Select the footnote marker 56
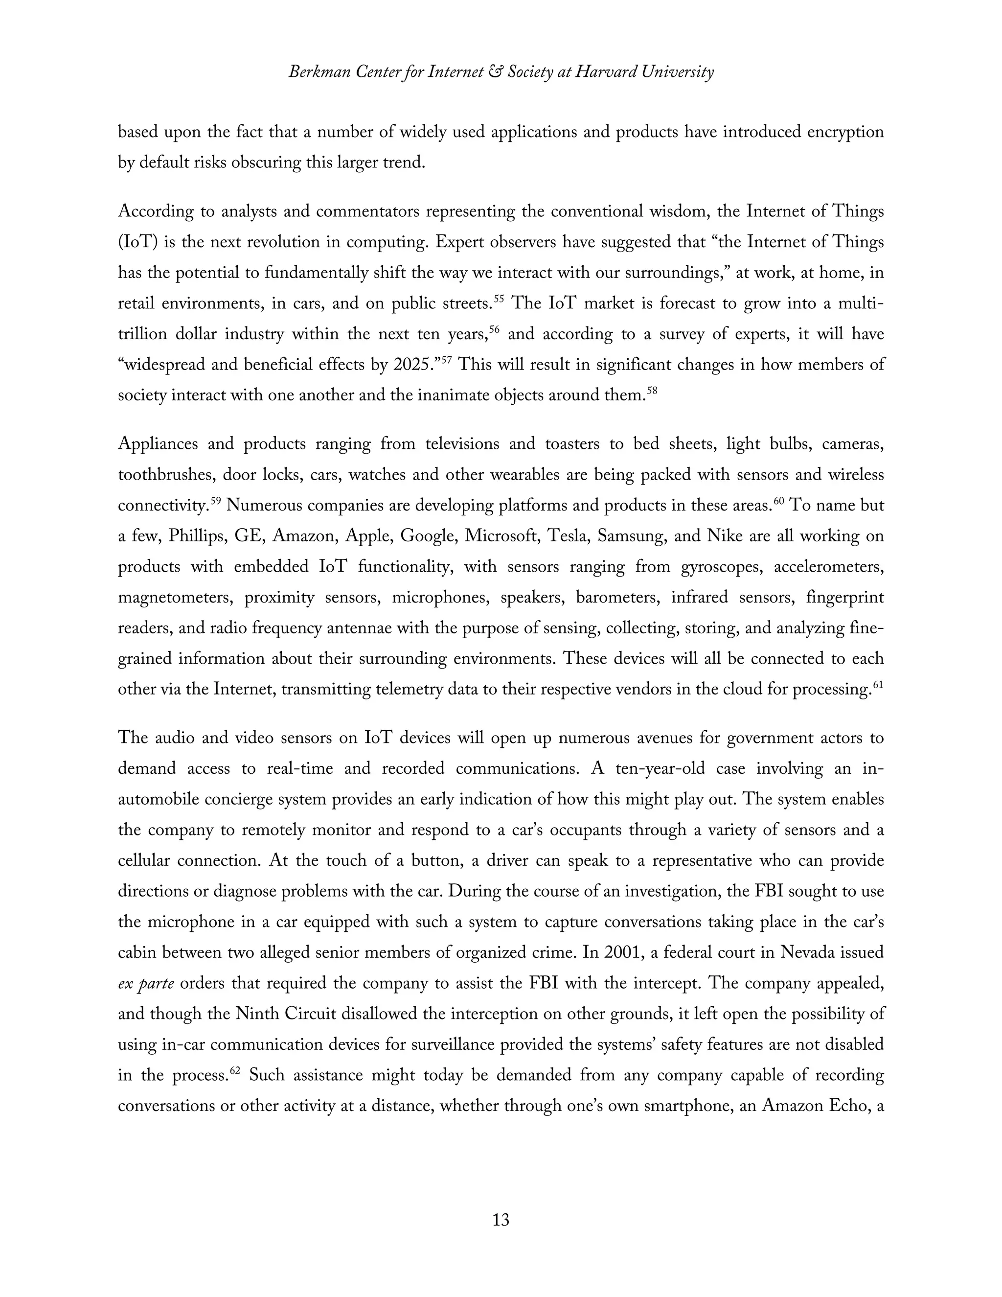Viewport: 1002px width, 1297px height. (x=494, y=329)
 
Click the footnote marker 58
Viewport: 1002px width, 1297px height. (x=652, y=391)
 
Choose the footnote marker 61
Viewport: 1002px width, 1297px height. (x=879, y=685)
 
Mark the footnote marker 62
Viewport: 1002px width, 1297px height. (x=234, y=1071)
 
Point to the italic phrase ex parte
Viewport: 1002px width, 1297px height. (x=145, y=983)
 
